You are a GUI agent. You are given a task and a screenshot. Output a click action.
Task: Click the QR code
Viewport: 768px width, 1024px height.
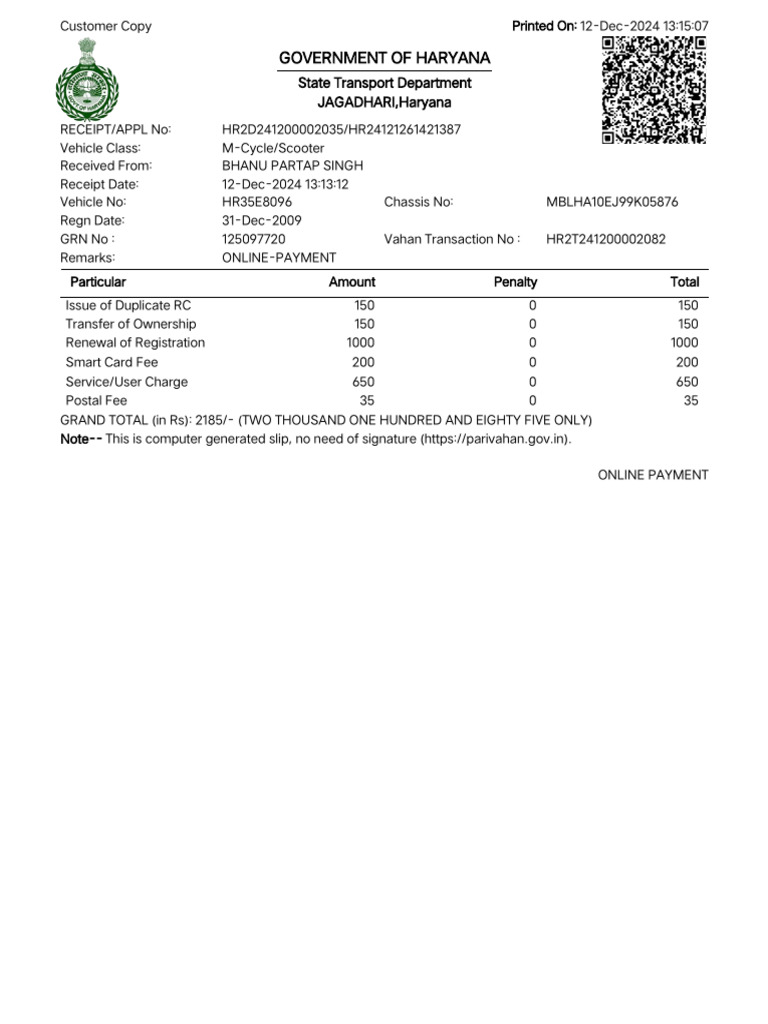[x=655, y=89]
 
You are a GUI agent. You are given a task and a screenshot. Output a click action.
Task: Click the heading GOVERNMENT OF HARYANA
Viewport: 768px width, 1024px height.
[x=385, y=60]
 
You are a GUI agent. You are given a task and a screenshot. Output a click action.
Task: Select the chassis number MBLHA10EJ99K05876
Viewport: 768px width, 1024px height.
[x=612, y=202]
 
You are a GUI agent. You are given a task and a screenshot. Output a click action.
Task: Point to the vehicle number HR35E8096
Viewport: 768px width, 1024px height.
[x=257, y=202]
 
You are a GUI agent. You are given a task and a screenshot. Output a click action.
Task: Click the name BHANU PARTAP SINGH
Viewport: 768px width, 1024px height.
[x=292, y=166]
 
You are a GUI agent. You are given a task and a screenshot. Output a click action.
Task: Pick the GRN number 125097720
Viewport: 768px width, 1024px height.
[x=254, y=239]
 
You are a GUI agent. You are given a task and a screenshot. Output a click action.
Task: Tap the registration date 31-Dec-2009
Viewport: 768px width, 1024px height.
[x=262, y=220]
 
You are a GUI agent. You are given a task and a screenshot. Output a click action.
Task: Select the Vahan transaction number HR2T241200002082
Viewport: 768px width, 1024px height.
[x=606, y=239]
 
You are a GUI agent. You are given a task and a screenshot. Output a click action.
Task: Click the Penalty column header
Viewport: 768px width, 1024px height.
[x=516, y=282]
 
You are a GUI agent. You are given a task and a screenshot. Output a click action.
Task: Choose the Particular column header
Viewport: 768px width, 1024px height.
[x=98, y=282]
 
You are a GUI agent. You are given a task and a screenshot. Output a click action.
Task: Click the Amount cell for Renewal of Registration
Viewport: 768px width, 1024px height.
[x=360, y=343]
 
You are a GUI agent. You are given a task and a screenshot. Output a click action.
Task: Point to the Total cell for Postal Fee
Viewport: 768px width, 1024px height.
[x=691, y=401]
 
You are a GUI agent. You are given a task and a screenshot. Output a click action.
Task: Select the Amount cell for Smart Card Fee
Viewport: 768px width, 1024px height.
[x=364, y=362]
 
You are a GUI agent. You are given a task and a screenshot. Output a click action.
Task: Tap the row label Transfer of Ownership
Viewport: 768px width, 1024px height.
[x=131, y=324]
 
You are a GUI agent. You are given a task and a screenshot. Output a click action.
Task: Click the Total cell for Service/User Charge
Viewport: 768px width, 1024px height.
[x=687, y=382]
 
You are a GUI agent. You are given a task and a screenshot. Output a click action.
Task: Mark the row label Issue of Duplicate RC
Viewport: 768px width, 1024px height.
[x=128, y=305]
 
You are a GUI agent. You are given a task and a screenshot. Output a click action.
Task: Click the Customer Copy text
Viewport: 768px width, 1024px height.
[x=106, y=26]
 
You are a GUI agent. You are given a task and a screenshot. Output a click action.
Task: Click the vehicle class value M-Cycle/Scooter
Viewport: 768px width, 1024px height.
[x=273, y=148]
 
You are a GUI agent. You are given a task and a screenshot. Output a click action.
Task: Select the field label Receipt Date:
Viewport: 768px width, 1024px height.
[x=99, y=184]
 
